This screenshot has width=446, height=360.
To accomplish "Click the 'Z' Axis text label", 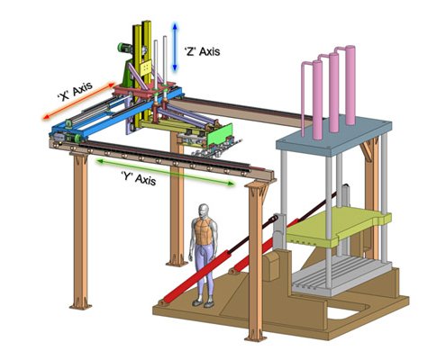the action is pos(202,51).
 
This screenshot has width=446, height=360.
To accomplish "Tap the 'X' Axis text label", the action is pos(75,92).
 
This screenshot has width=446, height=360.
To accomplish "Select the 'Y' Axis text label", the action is pos(139,177).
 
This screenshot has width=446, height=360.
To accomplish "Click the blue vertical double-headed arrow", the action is pos(175,47).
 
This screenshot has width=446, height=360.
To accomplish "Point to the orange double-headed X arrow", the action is pos(79,101).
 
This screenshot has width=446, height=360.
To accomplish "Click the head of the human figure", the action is pos(205,211).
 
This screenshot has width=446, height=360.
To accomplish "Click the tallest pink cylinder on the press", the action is pos(350,85).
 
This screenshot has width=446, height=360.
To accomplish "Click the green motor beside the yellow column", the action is pos(124,48).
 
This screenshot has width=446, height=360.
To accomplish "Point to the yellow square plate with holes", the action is pos(146,68).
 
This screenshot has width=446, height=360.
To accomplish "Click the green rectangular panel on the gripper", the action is pos(220,134).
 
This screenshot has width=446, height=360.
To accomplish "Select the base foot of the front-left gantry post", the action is pos(80,305).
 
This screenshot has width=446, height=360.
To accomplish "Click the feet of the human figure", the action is pos(204,303).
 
